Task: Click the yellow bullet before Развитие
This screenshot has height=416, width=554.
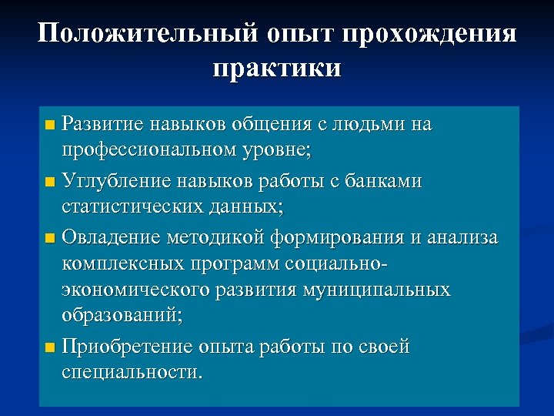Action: click(x=50, y=124)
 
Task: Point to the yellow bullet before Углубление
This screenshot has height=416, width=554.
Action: click(x=50, y=183)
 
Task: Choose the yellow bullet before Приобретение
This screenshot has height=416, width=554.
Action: click(x=50, y=349)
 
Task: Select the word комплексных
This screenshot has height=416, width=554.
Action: click(x=118, y=263)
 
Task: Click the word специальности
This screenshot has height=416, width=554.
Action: click(x=132, y=374)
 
